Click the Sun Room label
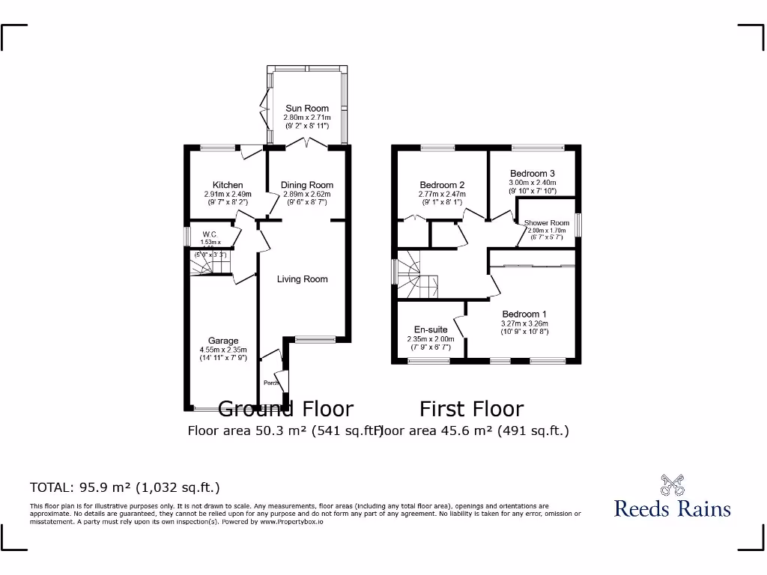click(x=306, y=109)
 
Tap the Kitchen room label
click(x=228, y=185)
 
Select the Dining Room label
click(x=307, y=185)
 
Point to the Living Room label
click(x=303, y=279)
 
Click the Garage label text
click(x=223, y=341)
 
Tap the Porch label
click(x=270, y=383)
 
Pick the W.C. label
click(x=210, y=234)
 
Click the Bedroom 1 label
click(x=524, y=314)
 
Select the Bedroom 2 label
click(x=442, y=185)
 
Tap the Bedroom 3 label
click(x=532, y=174)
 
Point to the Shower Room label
click(x=547, y=223)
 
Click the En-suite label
click(x=431, y=329)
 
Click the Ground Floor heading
click(x=285, y=409)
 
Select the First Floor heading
click(x=471, y=409)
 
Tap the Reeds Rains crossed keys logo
click(x=672, y=484)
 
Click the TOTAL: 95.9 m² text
click(x=124, y=487)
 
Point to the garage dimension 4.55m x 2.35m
click(x=223, y=350)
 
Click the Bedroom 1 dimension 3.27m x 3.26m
click(x=524, y=323)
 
